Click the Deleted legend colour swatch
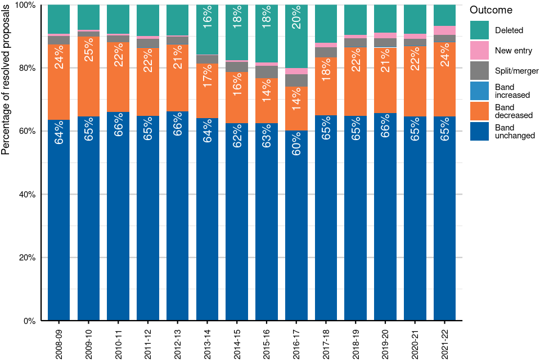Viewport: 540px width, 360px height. point(480,30)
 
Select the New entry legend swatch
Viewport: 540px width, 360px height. point(480,51)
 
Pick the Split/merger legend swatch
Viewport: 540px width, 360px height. point(480,71)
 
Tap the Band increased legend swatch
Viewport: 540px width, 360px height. point(480,91)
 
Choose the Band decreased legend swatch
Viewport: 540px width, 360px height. point(480,111)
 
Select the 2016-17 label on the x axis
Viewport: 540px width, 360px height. point(296,340)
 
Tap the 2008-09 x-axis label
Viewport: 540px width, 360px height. point(58,340)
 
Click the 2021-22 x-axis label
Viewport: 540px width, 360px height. point(445,340)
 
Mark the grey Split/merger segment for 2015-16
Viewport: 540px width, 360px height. point(267,72)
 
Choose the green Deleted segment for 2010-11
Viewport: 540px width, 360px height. point(118,19)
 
